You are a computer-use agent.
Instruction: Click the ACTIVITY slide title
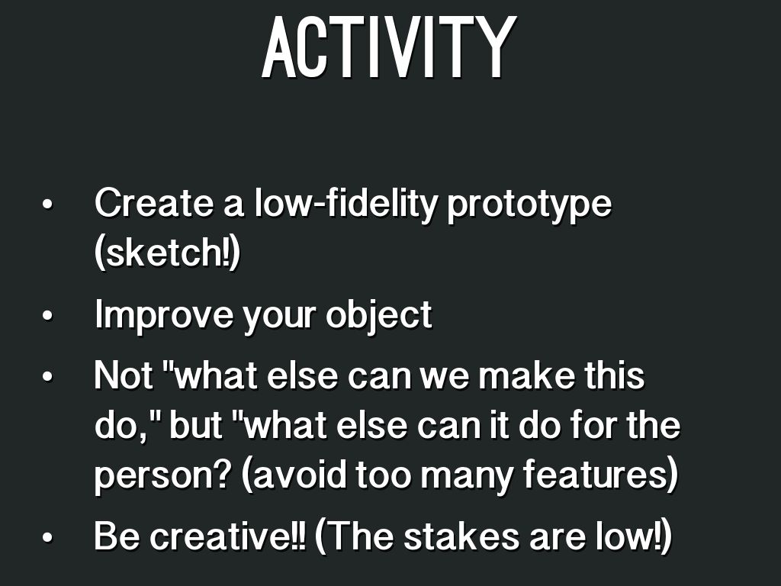click(389, 47)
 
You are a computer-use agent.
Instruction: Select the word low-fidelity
click(346, 204)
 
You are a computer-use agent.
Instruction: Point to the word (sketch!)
click(167, 253)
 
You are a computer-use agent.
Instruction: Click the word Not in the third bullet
click(124, 375)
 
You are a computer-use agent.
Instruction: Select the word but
click(196, 424)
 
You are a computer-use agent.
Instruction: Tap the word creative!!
click(228, 536)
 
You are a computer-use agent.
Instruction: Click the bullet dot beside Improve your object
click(48, 316)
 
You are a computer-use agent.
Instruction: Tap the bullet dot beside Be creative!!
click(48, 537)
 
